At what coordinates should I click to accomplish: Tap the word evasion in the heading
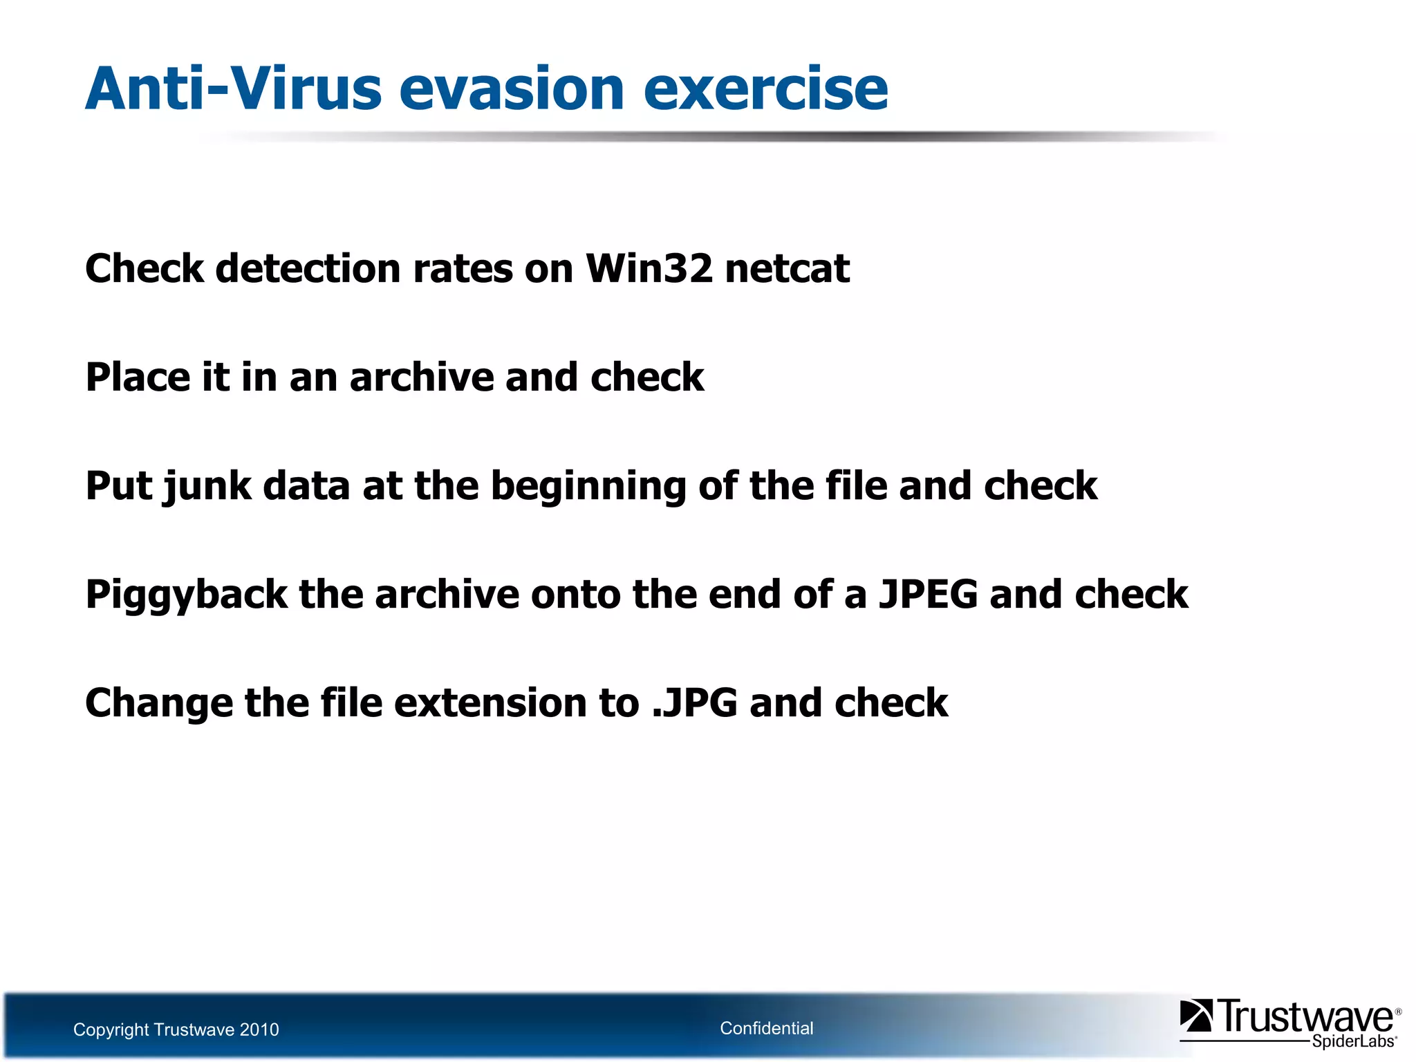pyautogui.click(x=512, y=90)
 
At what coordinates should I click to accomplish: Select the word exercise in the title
pyautogui.click(x=765, y=90)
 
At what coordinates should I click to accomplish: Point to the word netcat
pyautogui.click(x=788, y=270)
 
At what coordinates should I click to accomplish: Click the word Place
pyautogui.click(x=138, y=377)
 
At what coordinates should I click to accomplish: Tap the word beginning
pyautogui.click(x=588, y=487)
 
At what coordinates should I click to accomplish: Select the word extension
pyautogui.click(x=490, y=703)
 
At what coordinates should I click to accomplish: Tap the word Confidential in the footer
pyautogui.click(x=766, y=1028)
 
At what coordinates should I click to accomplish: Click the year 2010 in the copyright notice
pyautogui.click(x=259, y=1030)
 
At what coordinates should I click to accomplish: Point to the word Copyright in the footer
pyautogui.click(x=111, y=1030)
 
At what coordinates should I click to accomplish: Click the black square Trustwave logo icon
pyautogui.click(x=1195, y=1016)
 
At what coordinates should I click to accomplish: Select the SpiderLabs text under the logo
pyautogui.click(x=1353, y=1041)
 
